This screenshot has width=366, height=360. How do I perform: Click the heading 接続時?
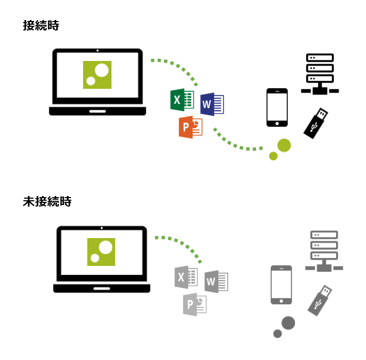pos(41,26)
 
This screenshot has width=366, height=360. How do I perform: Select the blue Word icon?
pos(212,104)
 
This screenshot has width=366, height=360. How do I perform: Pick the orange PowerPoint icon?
pos(190,127)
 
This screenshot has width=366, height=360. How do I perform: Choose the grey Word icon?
pos(216,282)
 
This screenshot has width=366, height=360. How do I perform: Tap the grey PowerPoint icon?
pos(194,304)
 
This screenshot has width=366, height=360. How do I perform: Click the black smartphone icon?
pos(277,107)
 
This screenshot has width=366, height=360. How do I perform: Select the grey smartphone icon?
pos(281,284)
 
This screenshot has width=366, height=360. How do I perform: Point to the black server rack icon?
pos(320,74)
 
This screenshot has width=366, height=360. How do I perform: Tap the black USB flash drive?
pos(317,123)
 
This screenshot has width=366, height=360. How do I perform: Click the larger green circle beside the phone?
pos(284,145)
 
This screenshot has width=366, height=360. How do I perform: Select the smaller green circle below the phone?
pos(273,156)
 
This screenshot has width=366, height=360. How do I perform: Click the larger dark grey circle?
pos(288,323)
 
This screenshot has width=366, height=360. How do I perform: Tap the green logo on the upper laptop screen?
pos(97,75)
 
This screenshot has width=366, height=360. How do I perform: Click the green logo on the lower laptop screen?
pos(101,252)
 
